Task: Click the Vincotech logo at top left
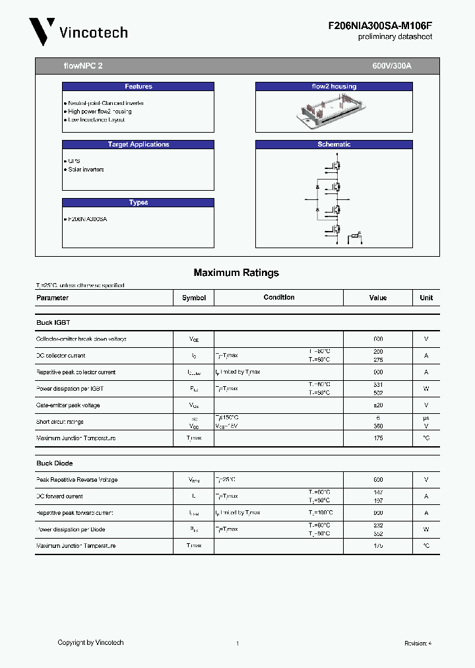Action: [x=78, y=32]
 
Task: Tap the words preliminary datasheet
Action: [x=395, y=37]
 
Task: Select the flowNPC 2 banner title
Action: [x=83, y=67]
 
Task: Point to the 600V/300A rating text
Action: [x=392, y=67]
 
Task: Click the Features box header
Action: [x=138, y=86]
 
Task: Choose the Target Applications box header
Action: [x=138, y=145]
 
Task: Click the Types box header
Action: [x=138, y=203]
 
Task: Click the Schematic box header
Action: [x=334, y=145]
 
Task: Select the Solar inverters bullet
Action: [x=86, y=170]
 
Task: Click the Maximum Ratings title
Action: [x=236, y=273]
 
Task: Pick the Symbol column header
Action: [x=194, y=298]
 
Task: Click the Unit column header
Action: [x=426, y=298]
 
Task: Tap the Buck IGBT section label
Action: [x=53, y=323]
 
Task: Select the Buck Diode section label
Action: [x=54, y=463]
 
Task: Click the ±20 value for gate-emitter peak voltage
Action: [x=378, y=405]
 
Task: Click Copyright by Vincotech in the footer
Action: [x=90, y=642]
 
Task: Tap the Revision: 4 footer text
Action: [x=418, y=643]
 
